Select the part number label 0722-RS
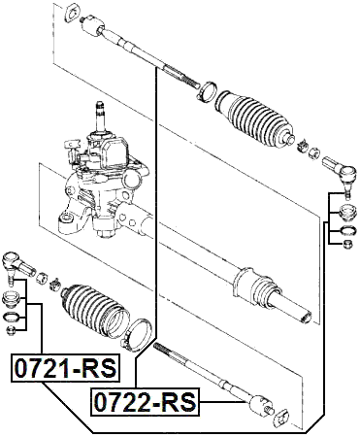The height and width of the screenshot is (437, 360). (x=143, y=401)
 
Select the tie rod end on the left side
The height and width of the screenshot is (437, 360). (x=16, y=263)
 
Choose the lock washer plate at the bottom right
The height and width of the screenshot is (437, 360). (x=281, y=419)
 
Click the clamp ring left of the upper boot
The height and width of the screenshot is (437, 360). (x=207, y=91)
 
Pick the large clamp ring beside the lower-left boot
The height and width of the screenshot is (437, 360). (x=138, y=334)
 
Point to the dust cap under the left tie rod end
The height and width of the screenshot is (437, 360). (x=14, y=297)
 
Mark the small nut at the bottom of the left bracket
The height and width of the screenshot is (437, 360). (x=13, y=330)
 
